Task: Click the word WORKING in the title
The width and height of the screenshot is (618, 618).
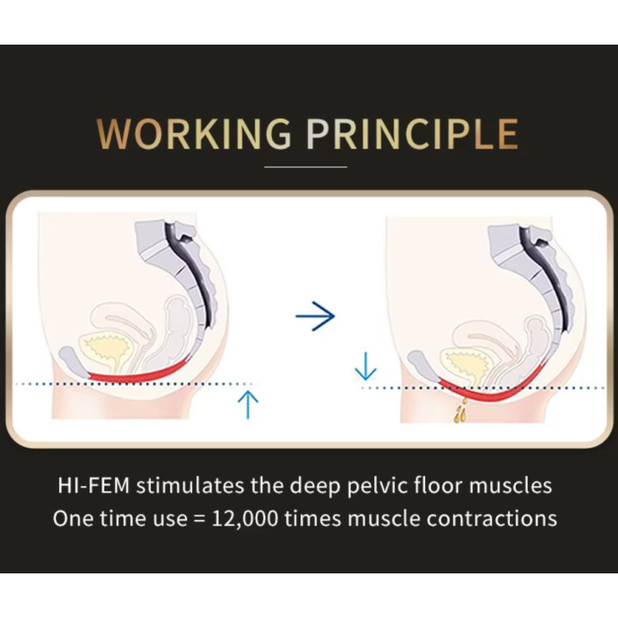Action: tap(194, 134)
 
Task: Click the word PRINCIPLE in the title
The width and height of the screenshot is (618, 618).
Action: tap(413, 134)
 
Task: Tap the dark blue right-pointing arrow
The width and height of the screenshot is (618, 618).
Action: tap(315, 316)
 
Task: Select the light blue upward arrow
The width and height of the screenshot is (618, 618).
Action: tap(248, 404)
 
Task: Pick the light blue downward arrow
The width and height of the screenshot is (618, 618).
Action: tap(366, 367)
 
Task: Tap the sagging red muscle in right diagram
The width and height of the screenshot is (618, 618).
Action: tap(488, 392)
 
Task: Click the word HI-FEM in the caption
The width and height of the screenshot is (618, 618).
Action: tap(94, 485)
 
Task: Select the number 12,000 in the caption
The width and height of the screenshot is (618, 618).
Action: tap(245, 518)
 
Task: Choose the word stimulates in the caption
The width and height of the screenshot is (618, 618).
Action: tap(190, 485)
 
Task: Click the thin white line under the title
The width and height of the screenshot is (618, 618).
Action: tap(306, 167)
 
